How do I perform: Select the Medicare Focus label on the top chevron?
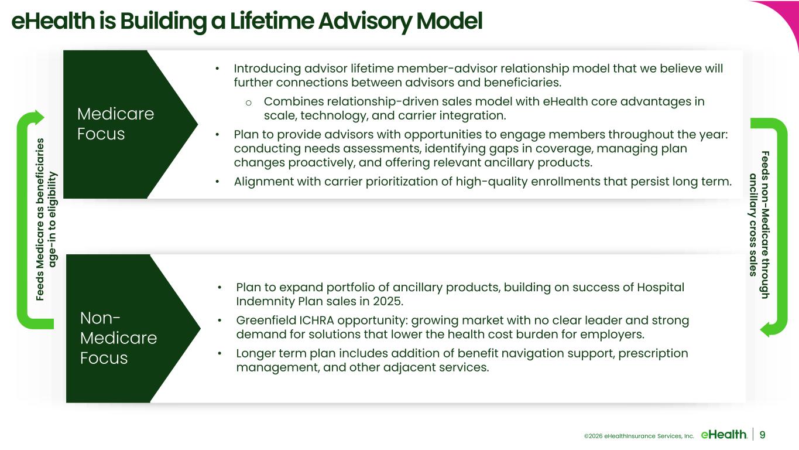point(115,124)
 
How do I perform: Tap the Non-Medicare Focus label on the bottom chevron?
point(118,338)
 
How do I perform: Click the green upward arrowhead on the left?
point(37,117)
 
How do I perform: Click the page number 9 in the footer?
point(762,435)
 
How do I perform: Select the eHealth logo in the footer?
point(723,434)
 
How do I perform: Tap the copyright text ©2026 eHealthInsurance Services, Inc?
point(639,436)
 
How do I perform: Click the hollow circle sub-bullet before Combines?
point(249,103)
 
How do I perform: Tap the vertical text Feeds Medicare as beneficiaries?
point(40,219)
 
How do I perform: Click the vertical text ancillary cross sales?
point(753,225)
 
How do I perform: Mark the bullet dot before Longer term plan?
point(220,353)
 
